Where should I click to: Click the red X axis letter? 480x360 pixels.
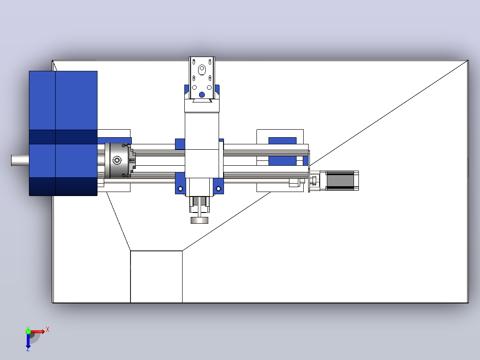(x=48, y=330)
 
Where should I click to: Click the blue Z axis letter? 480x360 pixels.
(x=28, y=349)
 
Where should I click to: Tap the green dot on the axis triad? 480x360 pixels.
(x=28, y=331)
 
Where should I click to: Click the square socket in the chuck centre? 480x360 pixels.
(x=117, y=160)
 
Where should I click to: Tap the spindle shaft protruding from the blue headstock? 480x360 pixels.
(x=20, y=160)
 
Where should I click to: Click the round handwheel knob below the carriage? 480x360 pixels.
(x=199, y=220)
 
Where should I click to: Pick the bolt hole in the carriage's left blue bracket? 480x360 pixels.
(x=180, y=189)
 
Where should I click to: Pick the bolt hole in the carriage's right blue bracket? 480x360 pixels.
(x=218, y=189)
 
